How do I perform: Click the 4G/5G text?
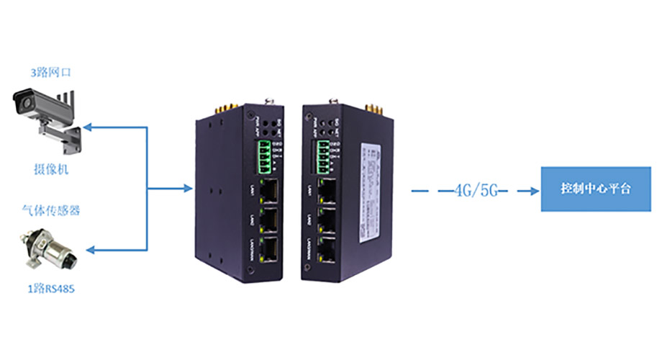point(477,191)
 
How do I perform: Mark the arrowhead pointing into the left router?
point(186,190)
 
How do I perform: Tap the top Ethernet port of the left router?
point(271,190)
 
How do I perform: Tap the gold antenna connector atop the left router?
point(219,108)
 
